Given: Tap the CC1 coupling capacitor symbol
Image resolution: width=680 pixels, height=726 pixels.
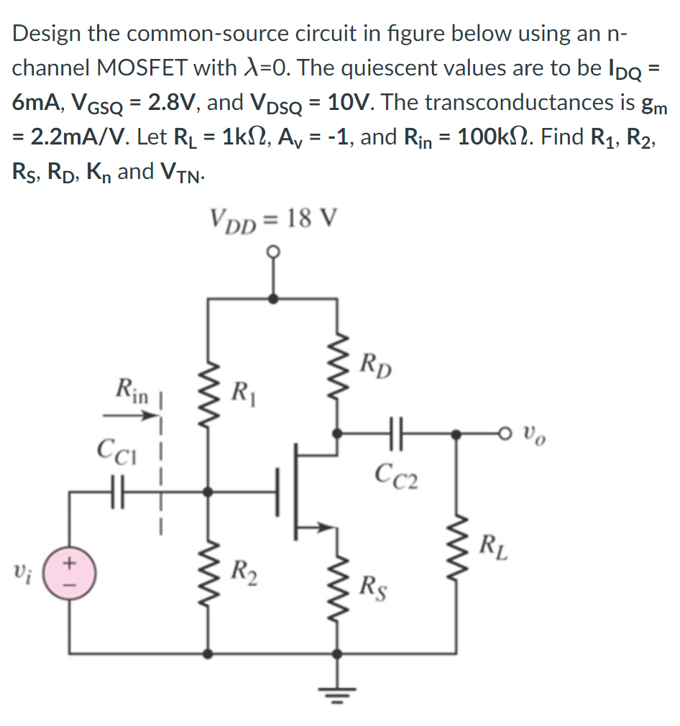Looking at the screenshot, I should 114,492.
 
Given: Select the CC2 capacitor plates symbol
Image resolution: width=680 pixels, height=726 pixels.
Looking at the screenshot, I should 395,434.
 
